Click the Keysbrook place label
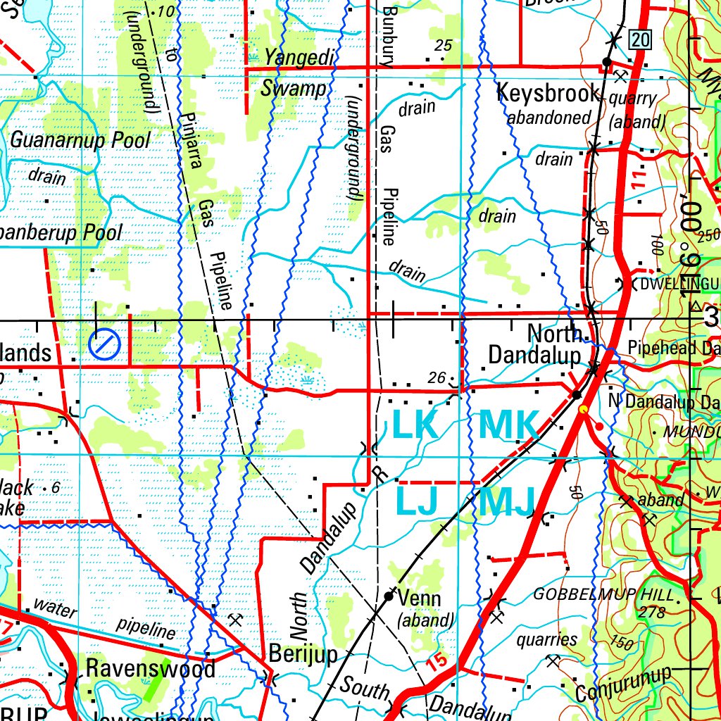pos(548,93)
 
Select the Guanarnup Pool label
pos(80,139)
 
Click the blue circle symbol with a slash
pos(105,344)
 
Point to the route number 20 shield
pos(639,40)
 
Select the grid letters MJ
pos(507,501)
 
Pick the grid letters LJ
pos(417,501)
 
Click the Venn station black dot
pos(389,596)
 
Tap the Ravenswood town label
pos(151,667)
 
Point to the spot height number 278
pos(651,613)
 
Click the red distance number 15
pos(437,661)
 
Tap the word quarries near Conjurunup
pos(546,639)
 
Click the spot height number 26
pos(437,378)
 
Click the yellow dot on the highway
pos(582,408)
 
